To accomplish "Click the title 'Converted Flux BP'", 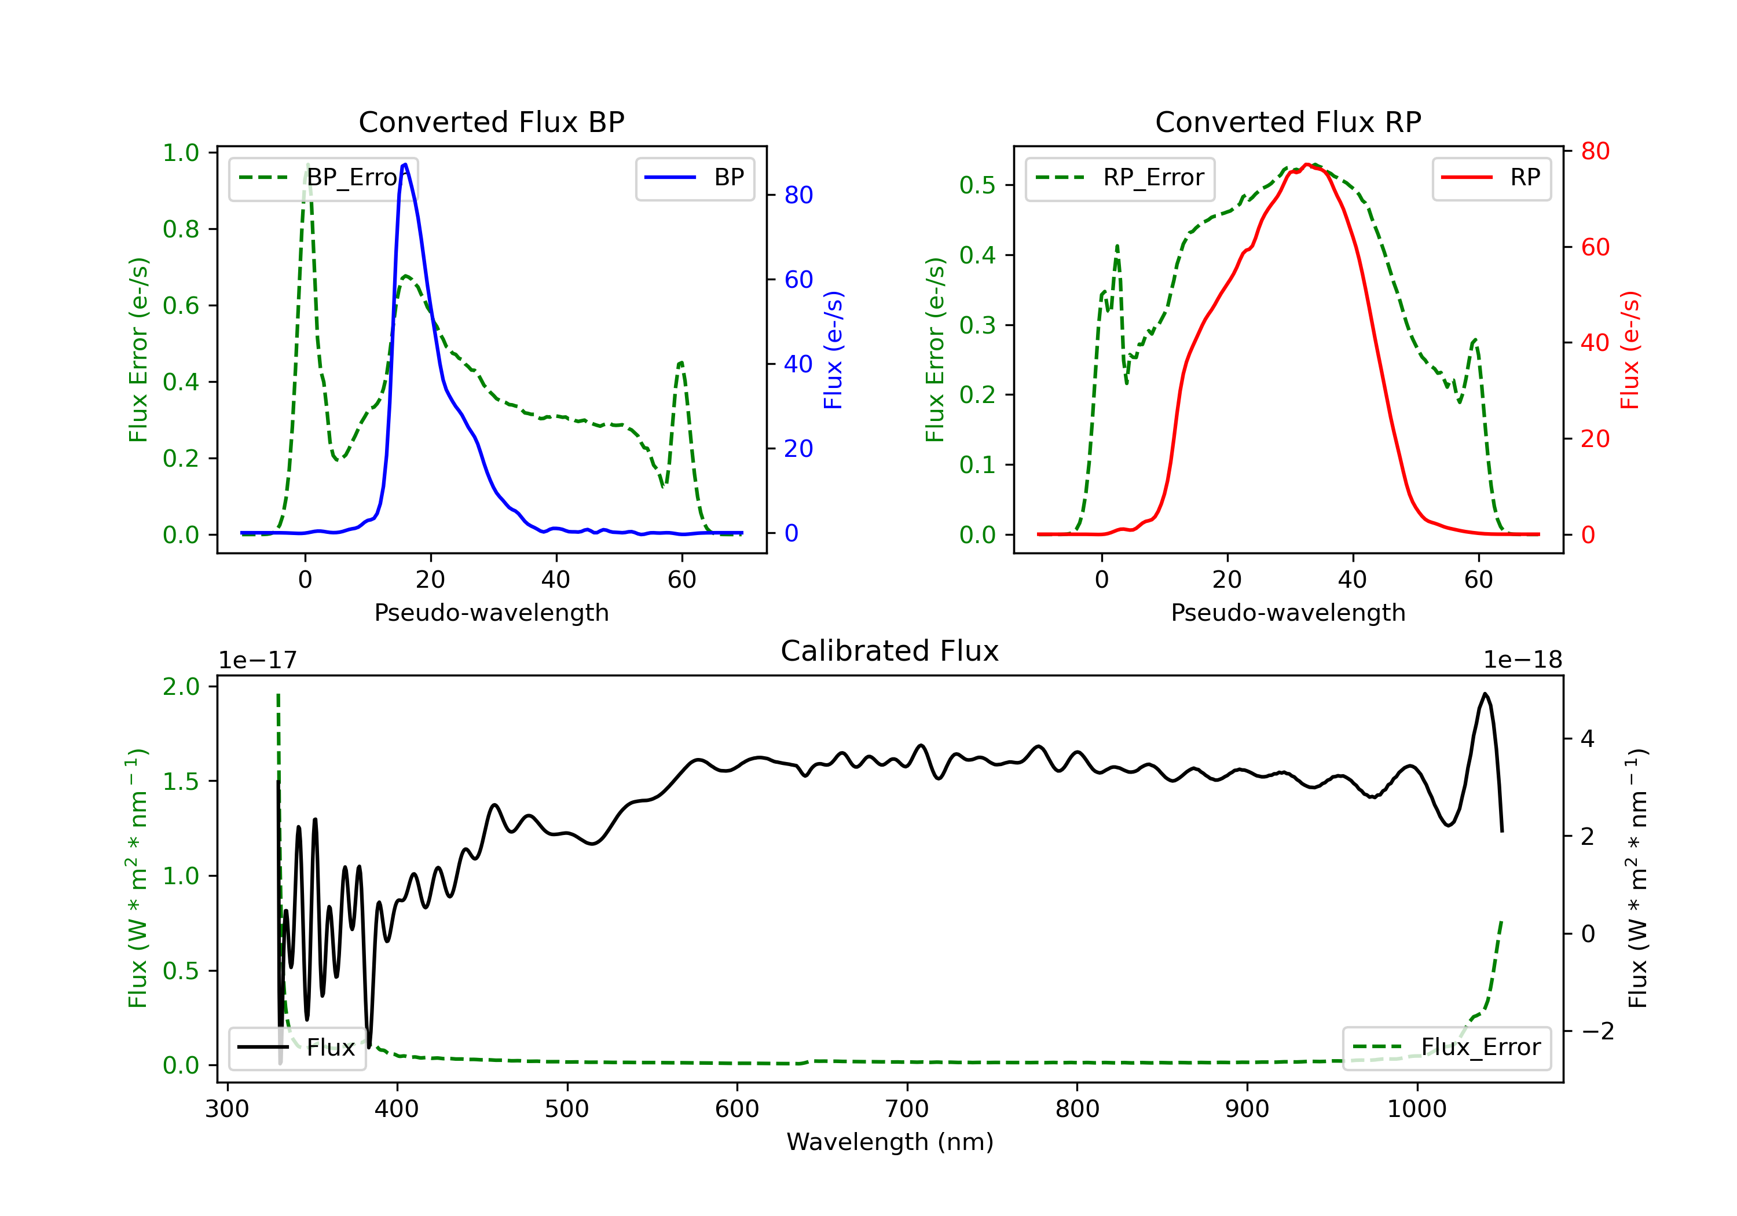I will point(491,122).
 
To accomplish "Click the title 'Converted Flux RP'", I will point(1288,122).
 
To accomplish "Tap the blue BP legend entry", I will point(694,178).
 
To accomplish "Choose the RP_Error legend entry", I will point(1120,178).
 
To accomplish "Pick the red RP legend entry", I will point(1491,178).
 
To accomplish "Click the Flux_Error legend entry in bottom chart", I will point(1446,1047).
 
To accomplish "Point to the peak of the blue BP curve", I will point(405,164).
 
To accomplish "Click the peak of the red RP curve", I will point(1307,164).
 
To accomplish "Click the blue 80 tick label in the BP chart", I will point(798,195).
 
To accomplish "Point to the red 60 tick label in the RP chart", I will point(1595,247).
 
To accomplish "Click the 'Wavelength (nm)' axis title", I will point(890,1142).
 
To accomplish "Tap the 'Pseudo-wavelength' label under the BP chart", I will point(491,613).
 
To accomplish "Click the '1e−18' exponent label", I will point(1522,660).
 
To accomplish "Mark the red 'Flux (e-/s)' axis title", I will point(1629,350).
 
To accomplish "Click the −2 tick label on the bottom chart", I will point(1596,1031).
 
